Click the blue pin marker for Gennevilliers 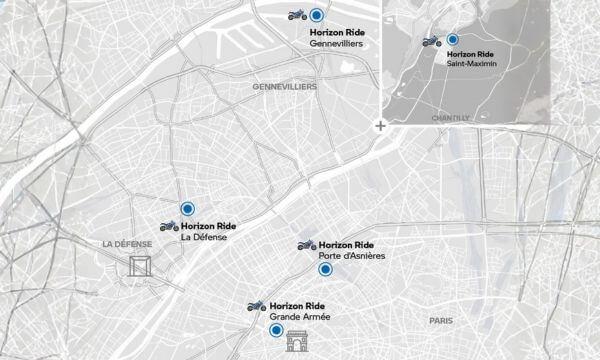click(317, 15)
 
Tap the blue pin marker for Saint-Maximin click(452, 40)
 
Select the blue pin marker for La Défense click(187, 208)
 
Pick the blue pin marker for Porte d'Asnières click(324, 269)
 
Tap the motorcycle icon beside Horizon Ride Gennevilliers click(296, 15)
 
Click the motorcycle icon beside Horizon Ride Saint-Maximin click(431, 42)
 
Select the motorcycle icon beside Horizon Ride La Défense click(169, 226)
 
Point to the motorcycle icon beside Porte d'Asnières click(306, 245)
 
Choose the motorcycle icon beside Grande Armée click(256, 305)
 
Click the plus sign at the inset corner click(379, 126)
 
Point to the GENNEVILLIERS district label click(284, 87)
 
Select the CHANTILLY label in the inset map click(450, 117)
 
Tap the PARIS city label click(440, 320)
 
